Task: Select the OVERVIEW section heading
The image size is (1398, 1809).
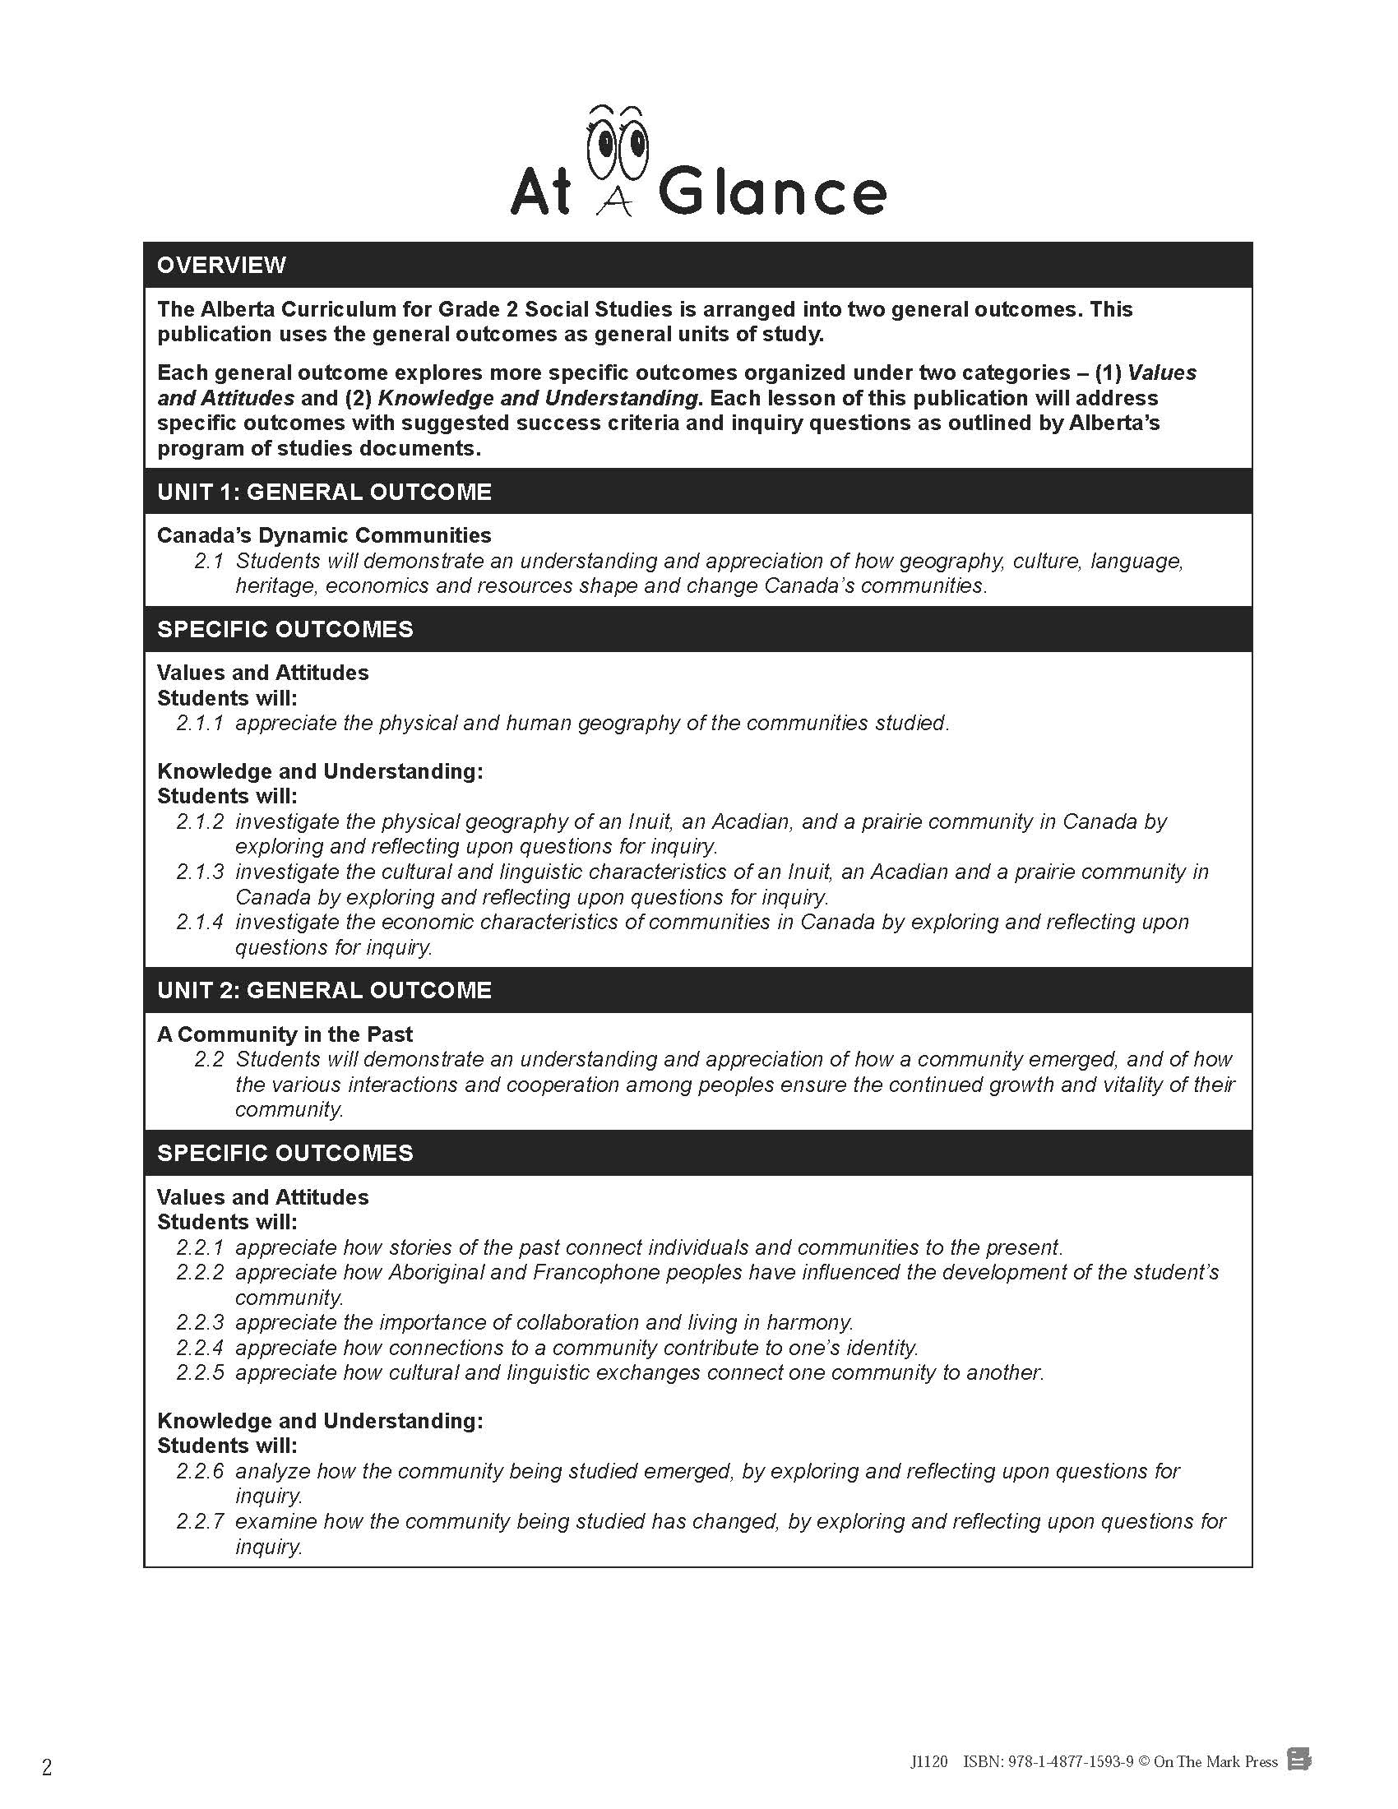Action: [221, 265]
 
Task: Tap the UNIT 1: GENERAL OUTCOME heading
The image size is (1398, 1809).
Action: [324, 492]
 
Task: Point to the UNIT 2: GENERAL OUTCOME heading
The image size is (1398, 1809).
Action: [324, 990]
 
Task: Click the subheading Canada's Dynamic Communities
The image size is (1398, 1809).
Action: [324, 535]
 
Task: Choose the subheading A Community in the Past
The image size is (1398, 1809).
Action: [284, 1034]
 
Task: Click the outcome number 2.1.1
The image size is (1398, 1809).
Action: [200, 723]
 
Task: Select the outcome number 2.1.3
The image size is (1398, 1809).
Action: [200, 872]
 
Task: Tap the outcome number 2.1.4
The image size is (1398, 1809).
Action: [200, 922]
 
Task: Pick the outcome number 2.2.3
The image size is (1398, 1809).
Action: [200, 1322]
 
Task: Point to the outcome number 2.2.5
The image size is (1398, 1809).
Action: [200, 1372]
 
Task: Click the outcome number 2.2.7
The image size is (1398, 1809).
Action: [200, 1520]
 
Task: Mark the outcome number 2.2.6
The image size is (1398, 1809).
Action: [200, 1471]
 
